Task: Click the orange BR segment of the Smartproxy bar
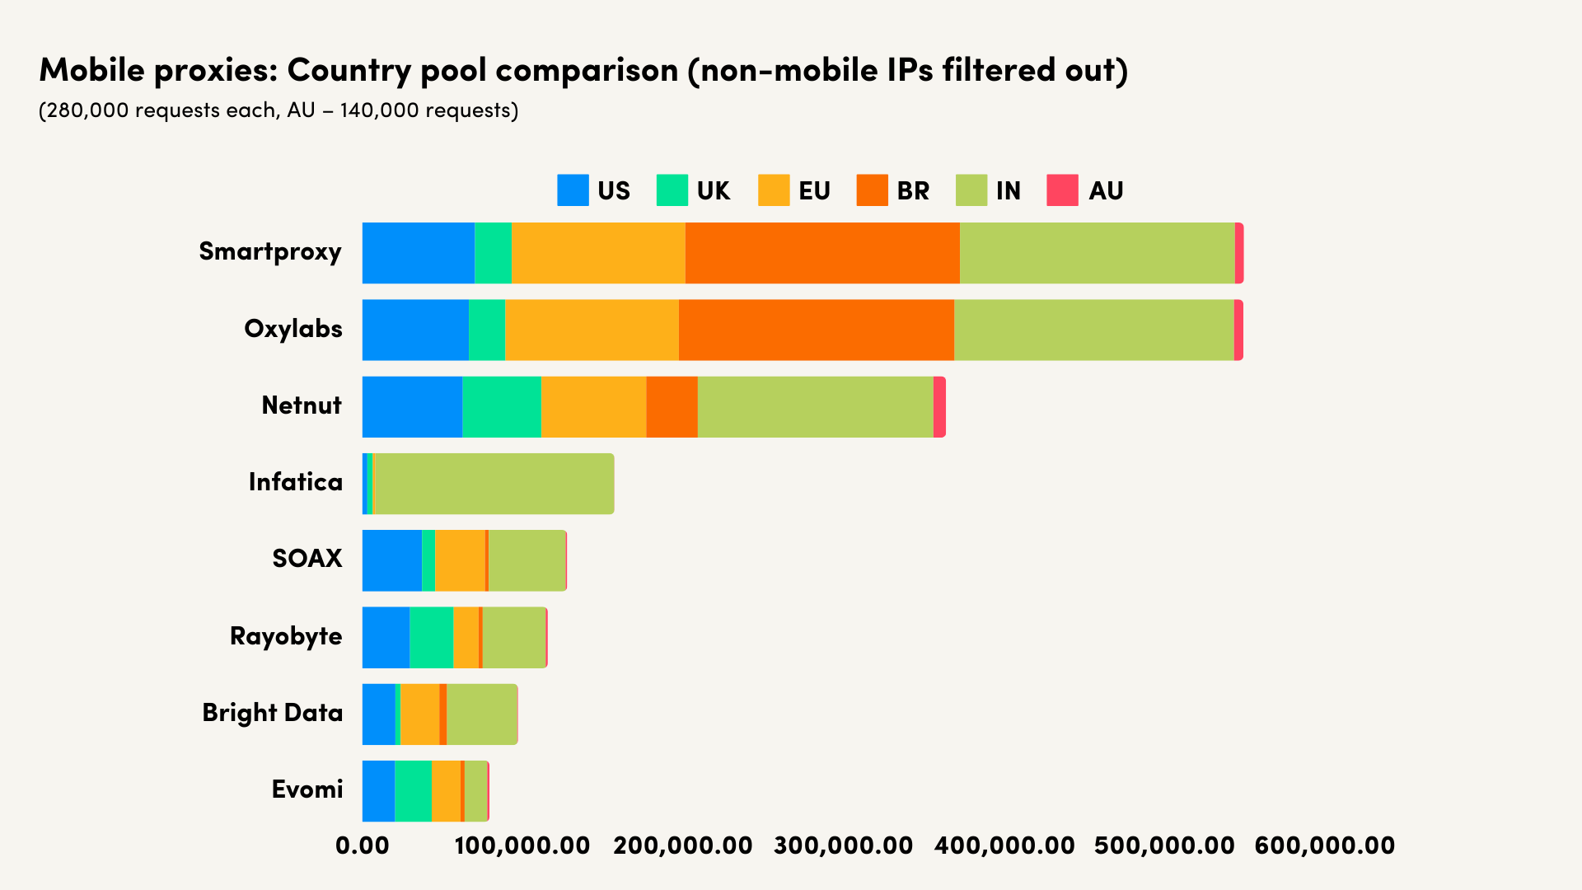click(x=822, y=253)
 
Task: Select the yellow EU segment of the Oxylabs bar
click(x=592, y=330)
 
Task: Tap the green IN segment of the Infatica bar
click(x=493, y=484)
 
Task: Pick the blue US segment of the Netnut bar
click(x=412, y=407)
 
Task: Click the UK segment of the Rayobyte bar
click(x=431, y=637)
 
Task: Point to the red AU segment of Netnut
click(x=939, y=407)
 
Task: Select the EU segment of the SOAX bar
click(x=460, y=560)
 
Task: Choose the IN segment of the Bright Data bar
click(x=481, y=714)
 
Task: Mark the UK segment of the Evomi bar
click(x=413, y=791)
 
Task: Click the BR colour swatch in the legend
click(x=872, y=190)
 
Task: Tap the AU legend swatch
click(x=1062, y=190)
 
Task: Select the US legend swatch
click(x=573, y=190)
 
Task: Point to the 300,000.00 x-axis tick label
click(x=844, y=845)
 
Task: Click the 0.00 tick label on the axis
click(x=363, y=845)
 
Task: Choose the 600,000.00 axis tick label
click(x=1324, y=845)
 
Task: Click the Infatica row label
click(x=295, y=482)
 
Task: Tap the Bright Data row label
click(x=272, y=713)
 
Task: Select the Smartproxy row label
click(x=269, y=251)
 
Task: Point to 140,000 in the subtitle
click(x=376, y=110)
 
